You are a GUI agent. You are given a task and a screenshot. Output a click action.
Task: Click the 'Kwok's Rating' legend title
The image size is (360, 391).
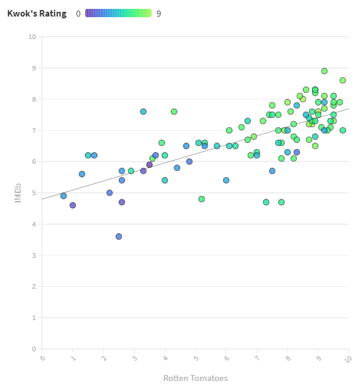coord(37,14)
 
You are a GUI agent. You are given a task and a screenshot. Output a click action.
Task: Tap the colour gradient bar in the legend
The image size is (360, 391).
coord(118,13)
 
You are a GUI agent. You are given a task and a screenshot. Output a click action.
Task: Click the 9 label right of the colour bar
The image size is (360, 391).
coord(159,14)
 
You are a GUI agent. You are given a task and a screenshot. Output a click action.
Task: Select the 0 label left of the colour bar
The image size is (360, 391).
coord(78,14)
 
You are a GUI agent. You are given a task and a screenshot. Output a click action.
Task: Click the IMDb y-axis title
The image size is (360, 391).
coord(18,193)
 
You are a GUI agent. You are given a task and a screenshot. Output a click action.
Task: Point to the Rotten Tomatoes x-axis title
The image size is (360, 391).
coord(195,378)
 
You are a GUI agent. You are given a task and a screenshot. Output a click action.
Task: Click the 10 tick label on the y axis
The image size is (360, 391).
coord(32,37)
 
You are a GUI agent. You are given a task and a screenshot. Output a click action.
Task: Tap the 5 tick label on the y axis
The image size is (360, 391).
coord(34,193)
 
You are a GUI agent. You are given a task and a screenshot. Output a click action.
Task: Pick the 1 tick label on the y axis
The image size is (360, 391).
coord(34,318)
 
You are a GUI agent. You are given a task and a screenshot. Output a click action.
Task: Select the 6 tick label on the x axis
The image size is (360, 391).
coord(226,357)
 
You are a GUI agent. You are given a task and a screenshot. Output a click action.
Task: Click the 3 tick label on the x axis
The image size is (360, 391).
coord(134,357)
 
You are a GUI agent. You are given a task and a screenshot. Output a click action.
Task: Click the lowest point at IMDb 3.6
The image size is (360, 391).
coord(118,237)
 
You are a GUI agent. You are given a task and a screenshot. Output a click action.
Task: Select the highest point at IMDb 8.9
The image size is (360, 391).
coord(324,71)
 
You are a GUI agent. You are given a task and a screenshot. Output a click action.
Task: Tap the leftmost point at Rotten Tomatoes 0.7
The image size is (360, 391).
coord(63,196)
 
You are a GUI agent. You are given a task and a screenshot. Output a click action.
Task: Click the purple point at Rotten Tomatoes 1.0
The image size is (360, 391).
coord(73,205)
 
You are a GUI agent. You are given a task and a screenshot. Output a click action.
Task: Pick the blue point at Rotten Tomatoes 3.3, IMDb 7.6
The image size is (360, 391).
coord(143,112)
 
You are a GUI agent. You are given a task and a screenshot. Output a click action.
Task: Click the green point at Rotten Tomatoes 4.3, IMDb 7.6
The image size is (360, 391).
coord(174,112)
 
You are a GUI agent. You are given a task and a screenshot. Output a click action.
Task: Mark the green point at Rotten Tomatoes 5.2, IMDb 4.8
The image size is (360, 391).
coord(201,199)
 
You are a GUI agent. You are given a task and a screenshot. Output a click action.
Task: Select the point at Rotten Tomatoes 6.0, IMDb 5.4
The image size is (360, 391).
coord(226,180)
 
